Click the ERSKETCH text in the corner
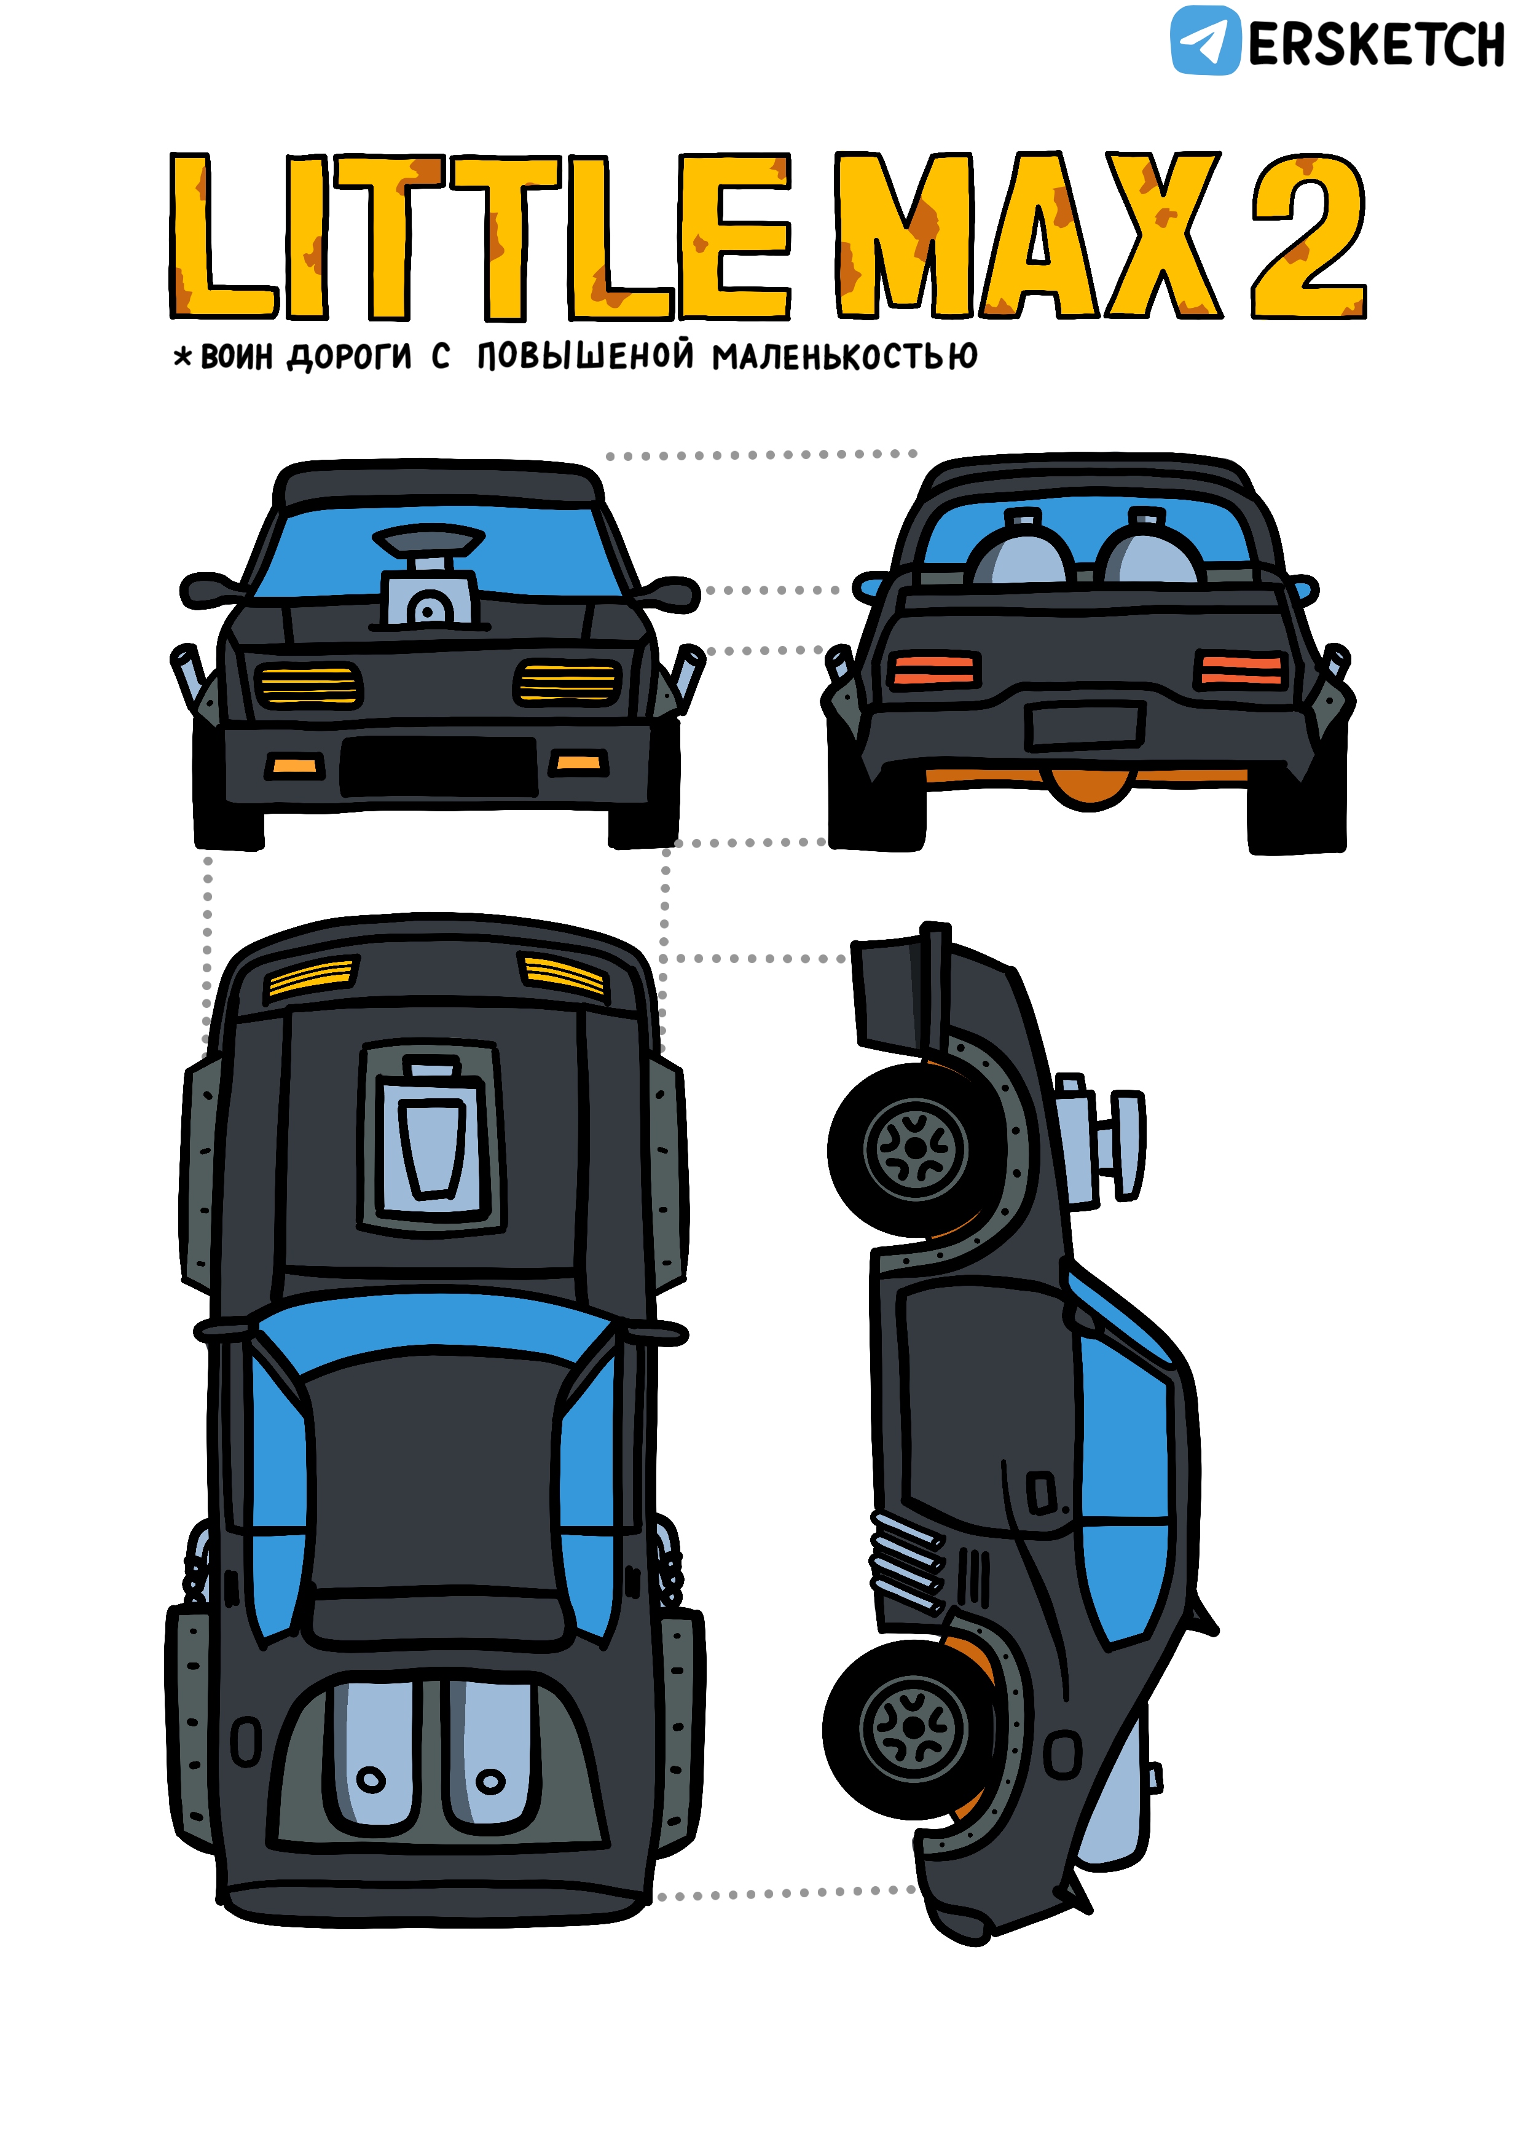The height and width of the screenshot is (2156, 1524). [x=1377, y=44]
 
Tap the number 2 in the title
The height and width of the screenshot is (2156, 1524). [x=1309, y=235]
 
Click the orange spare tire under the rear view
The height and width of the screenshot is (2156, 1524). [x=1090, y=789]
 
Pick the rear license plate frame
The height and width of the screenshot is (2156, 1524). [x=1085, y=726]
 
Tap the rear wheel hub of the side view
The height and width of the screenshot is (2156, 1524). [x=913, y=1727]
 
